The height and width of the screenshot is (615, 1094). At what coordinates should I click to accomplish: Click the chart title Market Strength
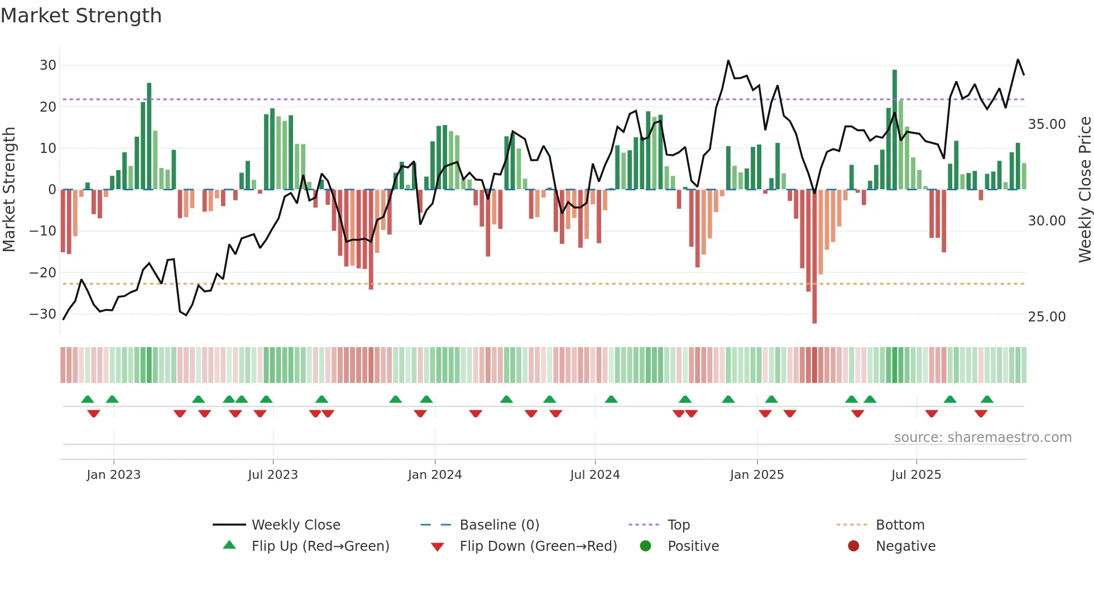tap(81, 16)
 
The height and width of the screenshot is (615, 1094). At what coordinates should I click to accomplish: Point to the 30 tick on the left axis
tap(48, 65)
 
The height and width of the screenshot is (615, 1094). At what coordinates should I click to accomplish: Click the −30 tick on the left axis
tap(43, 314)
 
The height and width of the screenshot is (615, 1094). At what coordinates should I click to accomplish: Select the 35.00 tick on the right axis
tap(1047, 124)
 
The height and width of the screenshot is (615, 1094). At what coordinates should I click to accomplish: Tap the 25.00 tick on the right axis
tap(1047, 317)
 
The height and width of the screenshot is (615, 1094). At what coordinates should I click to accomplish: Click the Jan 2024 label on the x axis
tap(435, 475)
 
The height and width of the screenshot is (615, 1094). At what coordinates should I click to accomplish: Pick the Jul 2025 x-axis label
tap(916, 475)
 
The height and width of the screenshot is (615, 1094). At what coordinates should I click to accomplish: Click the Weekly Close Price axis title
tap(1085, 190)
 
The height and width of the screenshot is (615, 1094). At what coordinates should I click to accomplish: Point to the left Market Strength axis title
tap(9, 190)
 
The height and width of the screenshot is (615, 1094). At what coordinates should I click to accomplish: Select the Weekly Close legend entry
tap(296, 525)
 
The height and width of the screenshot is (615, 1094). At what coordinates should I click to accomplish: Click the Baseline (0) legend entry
tap(499, 525)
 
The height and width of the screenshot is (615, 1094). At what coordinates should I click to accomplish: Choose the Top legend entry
tap(679, 525)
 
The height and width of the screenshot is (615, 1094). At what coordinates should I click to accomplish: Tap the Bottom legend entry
tap(900, 525)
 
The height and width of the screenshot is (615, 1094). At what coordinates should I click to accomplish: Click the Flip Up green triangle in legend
tap(229, 545)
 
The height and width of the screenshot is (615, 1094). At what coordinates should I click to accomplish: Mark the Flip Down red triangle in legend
tap(438, 547)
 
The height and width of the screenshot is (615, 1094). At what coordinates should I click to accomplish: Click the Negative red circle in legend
tap(853, 546)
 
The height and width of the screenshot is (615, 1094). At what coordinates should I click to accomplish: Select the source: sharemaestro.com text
tap(982, 438)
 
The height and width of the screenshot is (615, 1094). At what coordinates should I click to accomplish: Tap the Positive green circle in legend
tap(645, 546)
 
